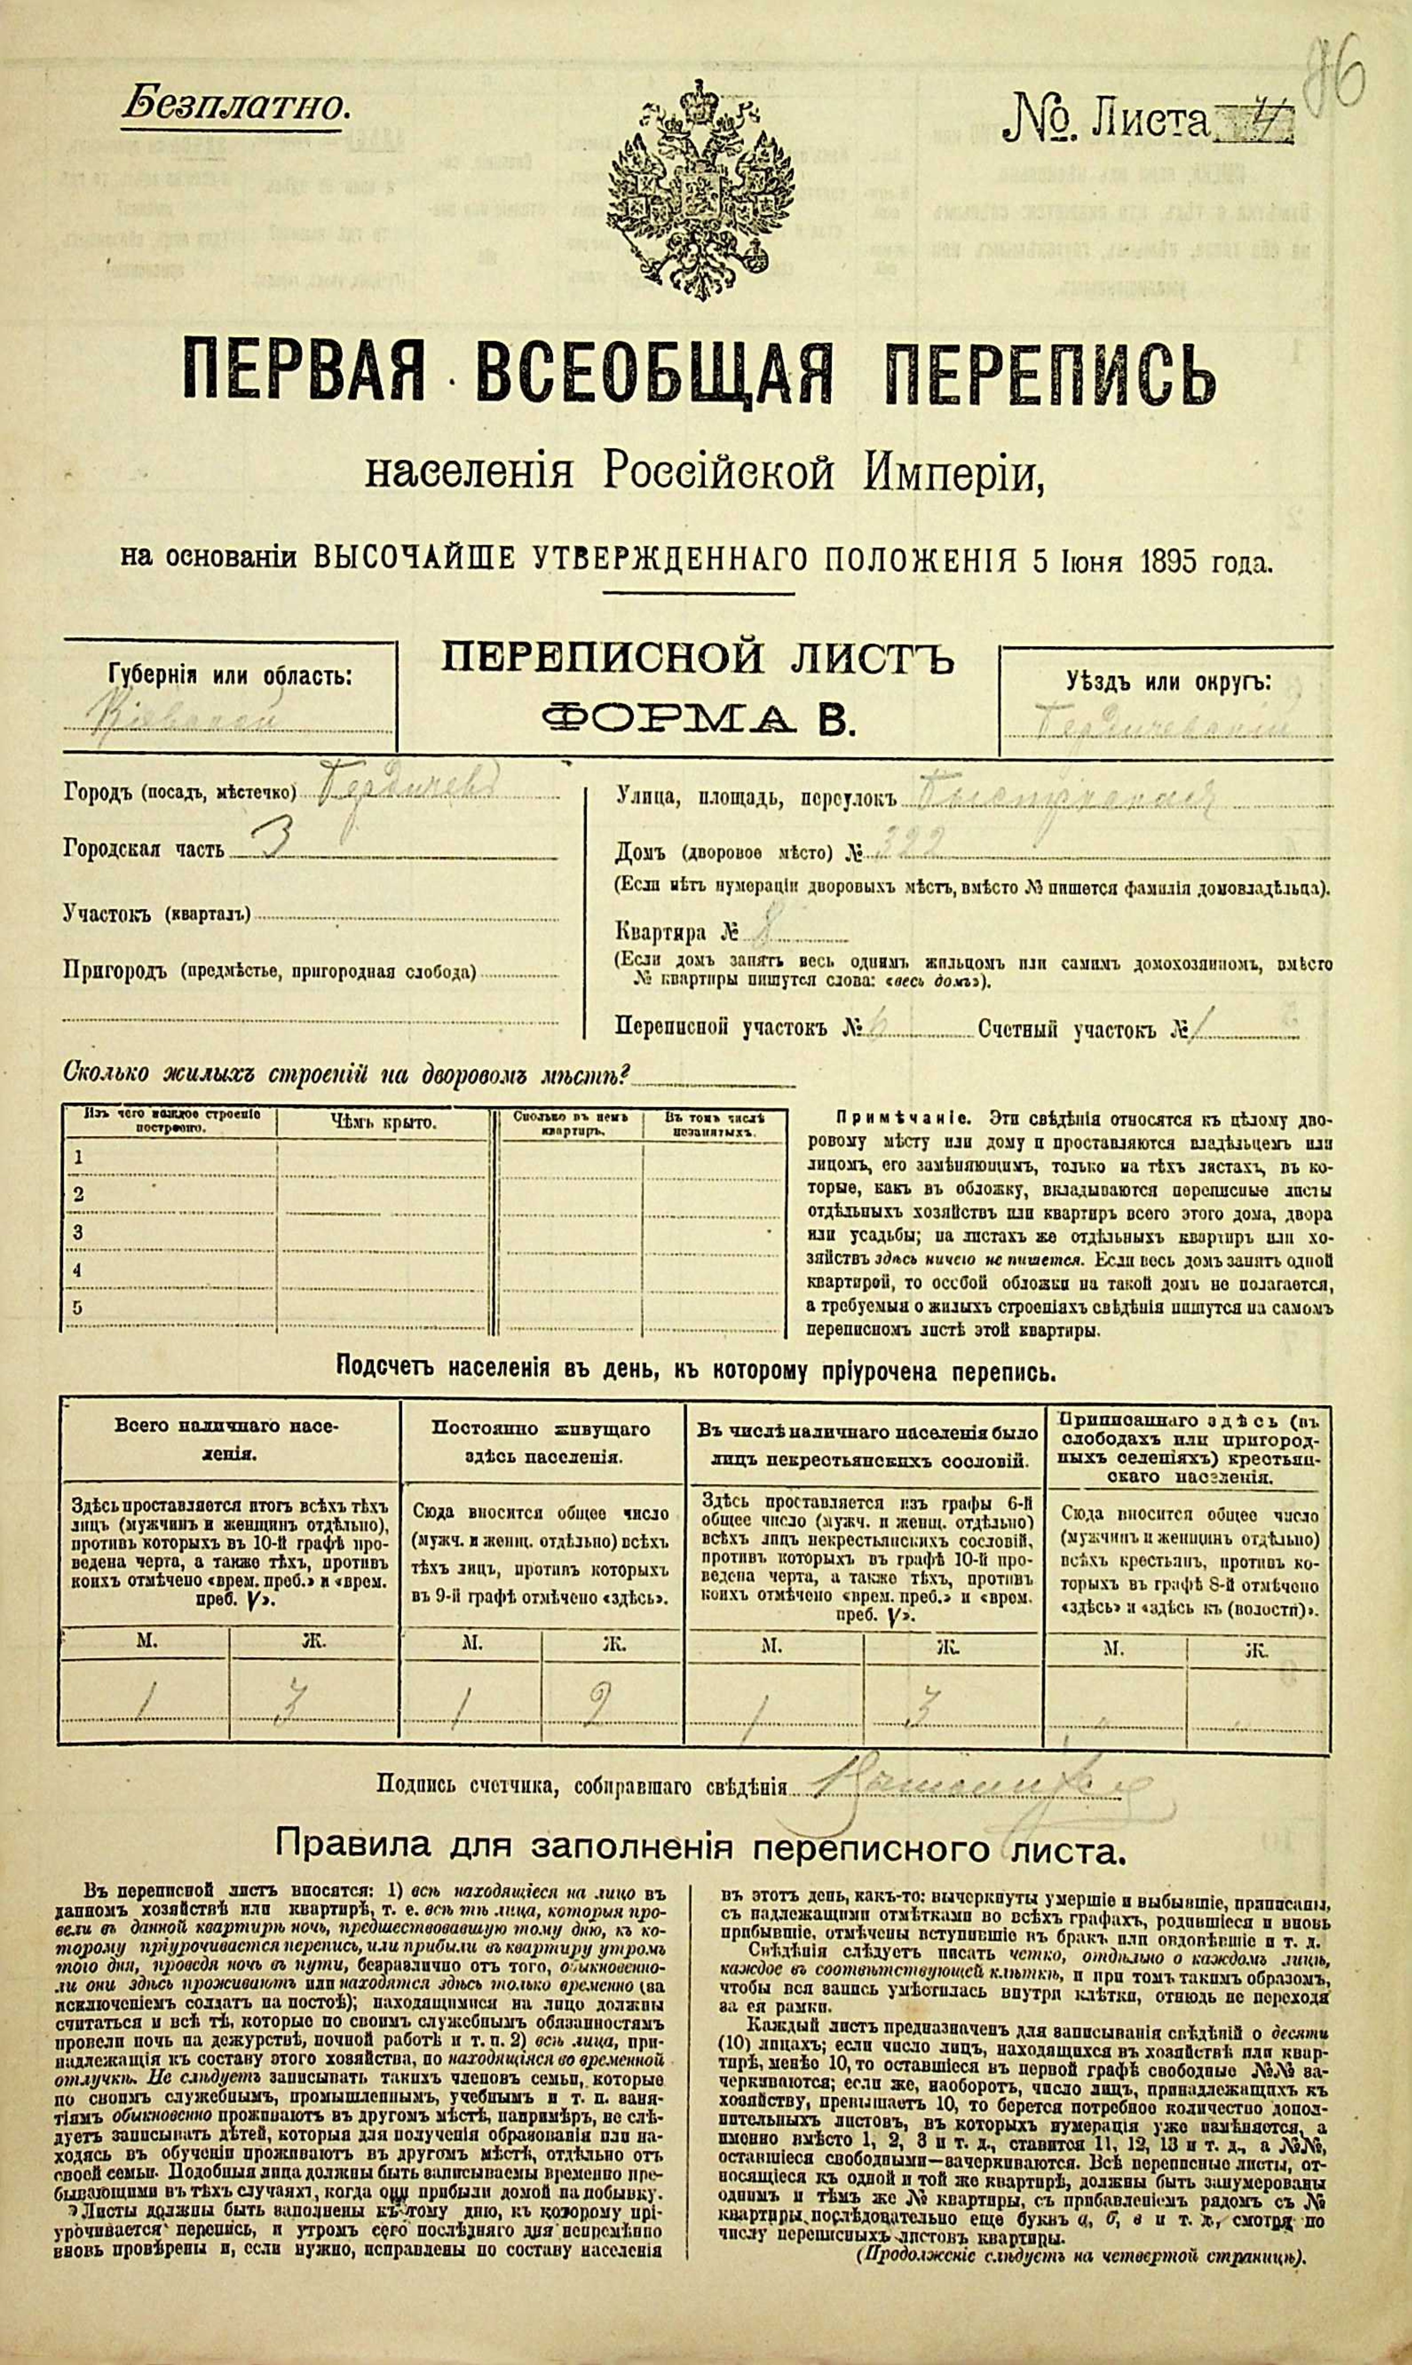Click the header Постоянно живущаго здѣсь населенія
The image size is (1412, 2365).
tap(541, 1443)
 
